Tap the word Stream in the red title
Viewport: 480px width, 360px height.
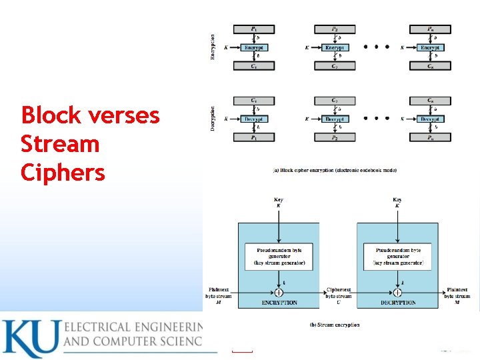60,144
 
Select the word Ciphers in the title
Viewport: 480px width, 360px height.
63,173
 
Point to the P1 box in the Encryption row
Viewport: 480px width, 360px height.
253,29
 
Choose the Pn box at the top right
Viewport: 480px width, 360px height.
431,29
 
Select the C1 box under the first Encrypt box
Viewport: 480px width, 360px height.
253,66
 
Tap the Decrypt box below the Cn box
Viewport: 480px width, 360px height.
431,119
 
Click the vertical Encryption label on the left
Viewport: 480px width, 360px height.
213,47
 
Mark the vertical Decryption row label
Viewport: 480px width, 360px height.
213,119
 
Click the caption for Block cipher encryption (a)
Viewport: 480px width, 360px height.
335,170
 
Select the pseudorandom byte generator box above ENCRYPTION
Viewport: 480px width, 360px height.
278,257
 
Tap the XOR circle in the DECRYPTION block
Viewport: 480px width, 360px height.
397,292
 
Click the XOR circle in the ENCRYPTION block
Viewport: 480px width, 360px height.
278,292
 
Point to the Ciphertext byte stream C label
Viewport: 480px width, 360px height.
338,295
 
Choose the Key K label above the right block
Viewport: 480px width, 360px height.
397,203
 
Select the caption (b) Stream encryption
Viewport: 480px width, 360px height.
335,325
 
